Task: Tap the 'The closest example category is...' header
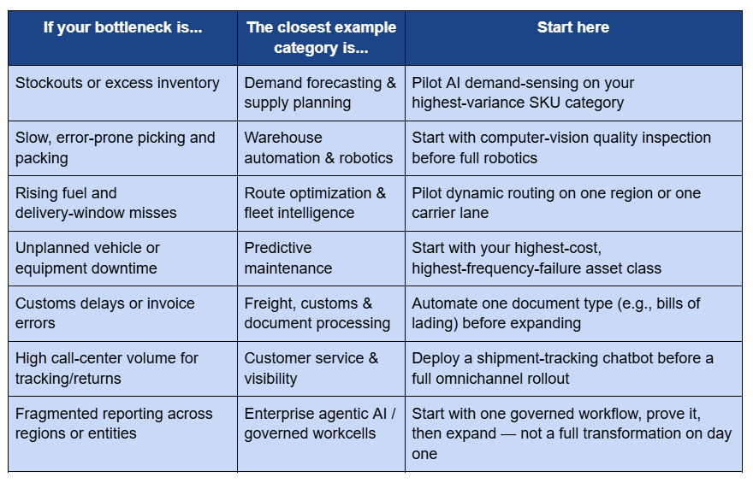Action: click(x=321, y=38)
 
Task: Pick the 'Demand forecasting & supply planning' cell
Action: click(x=320, y=92)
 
